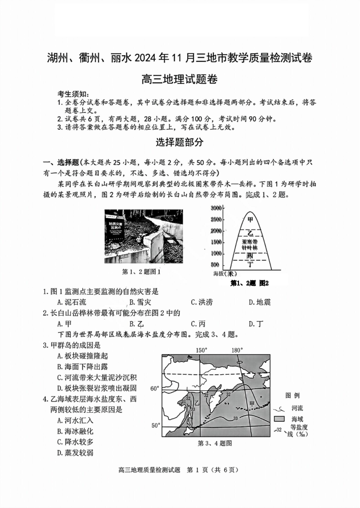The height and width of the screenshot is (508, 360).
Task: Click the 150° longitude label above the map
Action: (201, 350)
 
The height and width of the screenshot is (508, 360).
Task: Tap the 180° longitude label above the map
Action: (237, 350)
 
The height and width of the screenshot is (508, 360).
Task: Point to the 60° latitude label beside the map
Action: (155, 389)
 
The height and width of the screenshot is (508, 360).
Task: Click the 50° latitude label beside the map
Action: (155, 425)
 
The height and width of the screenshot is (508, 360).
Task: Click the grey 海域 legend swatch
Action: (279, 419)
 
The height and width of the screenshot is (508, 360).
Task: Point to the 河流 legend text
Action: (297, 408)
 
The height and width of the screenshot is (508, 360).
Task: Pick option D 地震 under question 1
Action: (260, 302)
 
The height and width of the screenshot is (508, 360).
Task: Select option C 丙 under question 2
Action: (198, 323)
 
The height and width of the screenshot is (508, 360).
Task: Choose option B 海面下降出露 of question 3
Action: (83, 366)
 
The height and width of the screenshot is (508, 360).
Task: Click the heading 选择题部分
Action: (180, 142)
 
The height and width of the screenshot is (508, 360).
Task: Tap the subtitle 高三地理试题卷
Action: (180, 80)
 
